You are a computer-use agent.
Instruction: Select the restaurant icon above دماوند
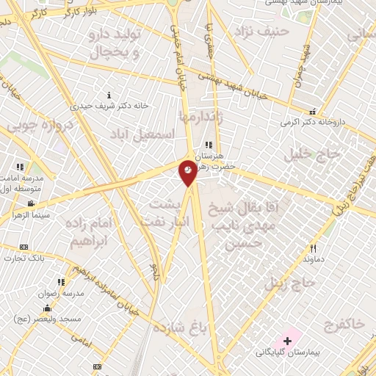tap(314, 249)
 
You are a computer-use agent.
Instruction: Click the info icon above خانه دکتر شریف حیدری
tap(109, 95)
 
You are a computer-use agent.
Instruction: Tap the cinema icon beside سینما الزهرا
tap(31, 203)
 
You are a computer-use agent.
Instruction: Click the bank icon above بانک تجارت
tap(23, 247)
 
